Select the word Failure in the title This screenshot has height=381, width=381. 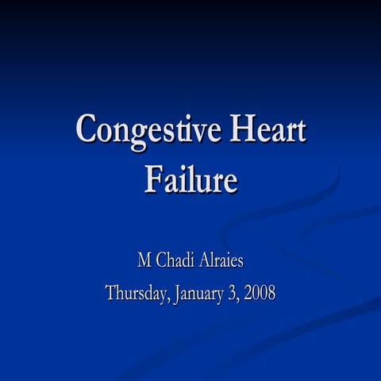tap(190, 179)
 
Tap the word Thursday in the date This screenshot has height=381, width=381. tap(134, 293)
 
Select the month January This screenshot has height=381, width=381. tap(197, 293)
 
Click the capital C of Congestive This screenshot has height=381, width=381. tap(88, 129)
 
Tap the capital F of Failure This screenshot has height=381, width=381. tap(152, 179)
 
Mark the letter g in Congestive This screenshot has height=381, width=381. tap(137, 134)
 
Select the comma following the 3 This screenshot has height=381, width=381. tap(237, 298)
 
